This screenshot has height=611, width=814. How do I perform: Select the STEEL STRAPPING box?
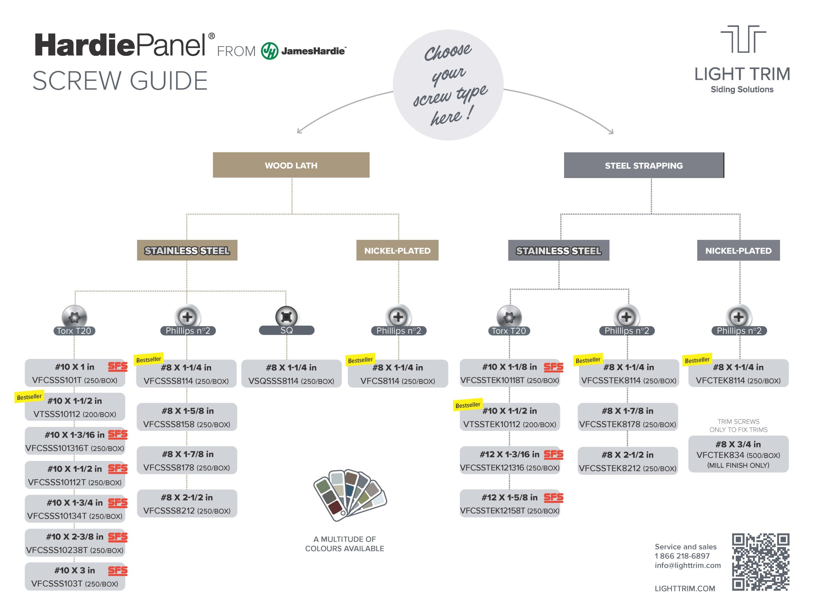644,165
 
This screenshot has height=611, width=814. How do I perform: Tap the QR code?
760,562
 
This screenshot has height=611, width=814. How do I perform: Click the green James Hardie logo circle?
269,51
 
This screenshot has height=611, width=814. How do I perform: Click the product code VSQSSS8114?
273,381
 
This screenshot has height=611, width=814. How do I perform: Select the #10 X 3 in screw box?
75,576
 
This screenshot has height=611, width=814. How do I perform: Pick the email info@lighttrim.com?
687,565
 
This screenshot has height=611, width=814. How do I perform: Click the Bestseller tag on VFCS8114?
360,360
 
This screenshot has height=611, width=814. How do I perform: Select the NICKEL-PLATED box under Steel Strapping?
738,250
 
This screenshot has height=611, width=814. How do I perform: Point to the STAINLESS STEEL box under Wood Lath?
187,250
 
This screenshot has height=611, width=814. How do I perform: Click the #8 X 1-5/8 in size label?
187,411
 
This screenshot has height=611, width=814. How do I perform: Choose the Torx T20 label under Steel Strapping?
509,331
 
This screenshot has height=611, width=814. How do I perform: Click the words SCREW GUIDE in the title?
120,81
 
